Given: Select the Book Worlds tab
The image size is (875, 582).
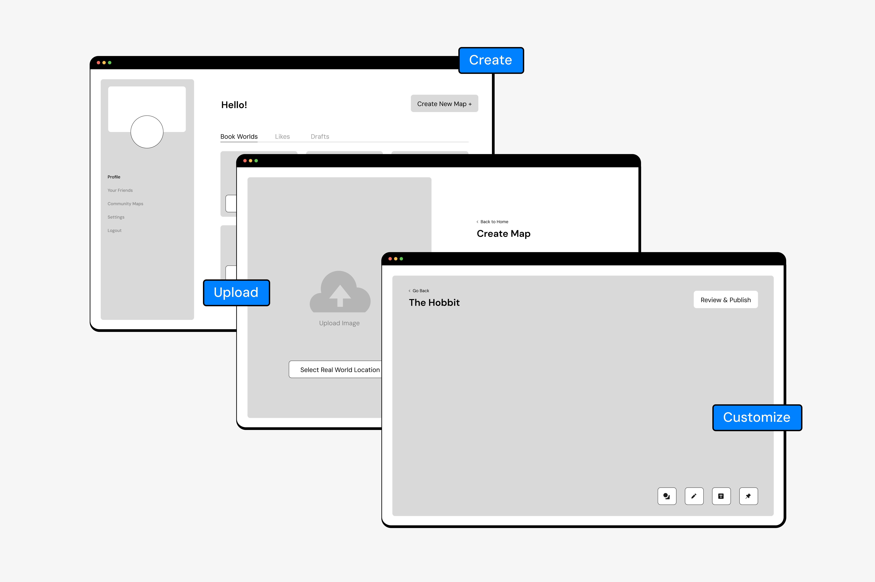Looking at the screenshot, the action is click(239, 137).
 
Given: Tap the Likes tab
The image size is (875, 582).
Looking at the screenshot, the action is click(282, 137).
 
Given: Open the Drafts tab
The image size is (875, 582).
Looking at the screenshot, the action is click(320, 137).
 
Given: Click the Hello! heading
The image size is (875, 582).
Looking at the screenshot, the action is click(234, 105).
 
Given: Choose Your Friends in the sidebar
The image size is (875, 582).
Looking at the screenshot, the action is click(120, 190).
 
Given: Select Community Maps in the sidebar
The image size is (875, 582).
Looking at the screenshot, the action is click(125, 204).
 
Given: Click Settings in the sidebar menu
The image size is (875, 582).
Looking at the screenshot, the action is click(116, 217).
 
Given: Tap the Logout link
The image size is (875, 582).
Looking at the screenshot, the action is click(114, 230).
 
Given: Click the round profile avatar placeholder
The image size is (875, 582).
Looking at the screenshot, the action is click(147, 132).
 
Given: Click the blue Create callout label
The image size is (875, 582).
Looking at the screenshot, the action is click(491, 60).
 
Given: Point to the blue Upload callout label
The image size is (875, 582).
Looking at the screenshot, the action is click(236, 292).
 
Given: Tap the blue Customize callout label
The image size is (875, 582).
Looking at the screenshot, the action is click(756, 418).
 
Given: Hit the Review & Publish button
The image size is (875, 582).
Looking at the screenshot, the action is click(725, 300).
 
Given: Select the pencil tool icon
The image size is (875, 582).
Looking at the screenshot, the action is click(694, 496).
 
